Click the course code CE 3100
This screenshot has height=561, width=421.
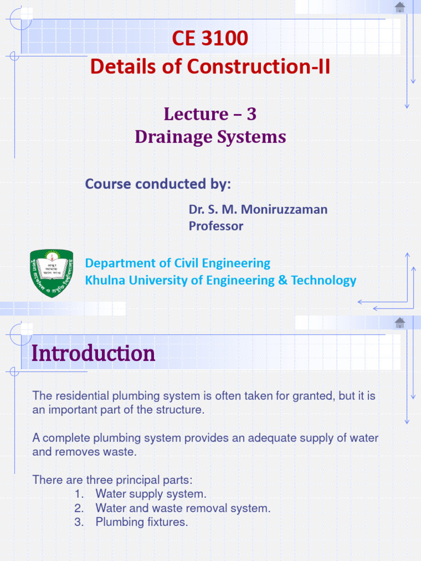click(x=210, y=38)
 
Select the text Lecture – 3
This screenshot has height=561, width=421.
click(x=210, y=114)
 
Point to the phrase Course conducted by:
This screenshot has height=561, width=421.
click(x=158, y=184)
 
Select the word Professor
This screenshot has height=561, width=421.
click(x=216, y=226)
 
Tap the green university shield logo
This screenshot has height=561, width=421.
click(x=51, y=273)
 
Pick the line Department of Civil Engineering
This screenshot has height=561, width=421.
click(x=178, y=263)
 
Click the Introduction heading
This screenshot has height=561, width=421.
click(x=93, y=354)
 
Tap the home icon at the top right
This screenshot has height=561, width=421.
click(x=400, y=7)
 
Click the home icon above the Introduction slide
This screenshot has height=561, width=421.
click(x=400, y=323)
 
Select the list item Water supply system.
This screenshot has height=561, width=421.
click(x=151, y=494)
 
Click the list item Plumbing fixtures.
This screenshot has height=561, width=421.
click(x=141, y=522)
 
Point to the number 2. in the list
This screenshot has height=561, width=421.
click(x=79, y=508)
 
